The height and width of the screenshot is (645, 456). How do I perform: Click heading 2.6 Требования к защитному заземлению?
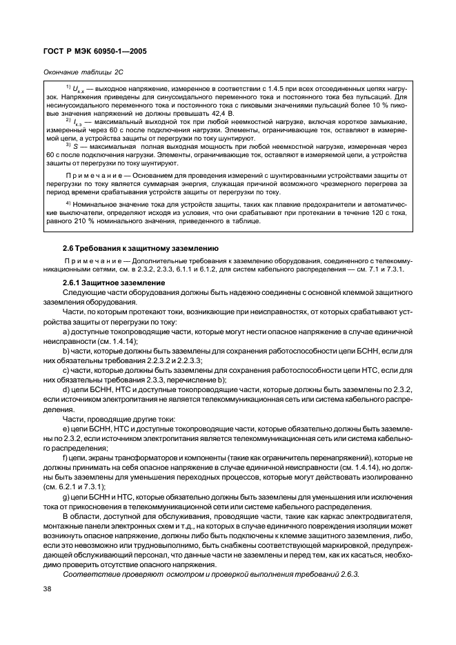[x=140, y=247]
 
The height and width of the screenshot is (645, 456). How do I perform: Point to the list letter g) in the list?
[x=65, y=497]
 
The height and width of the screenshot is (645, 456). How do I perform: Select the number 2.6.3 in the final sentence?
[x=349, y=574]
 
